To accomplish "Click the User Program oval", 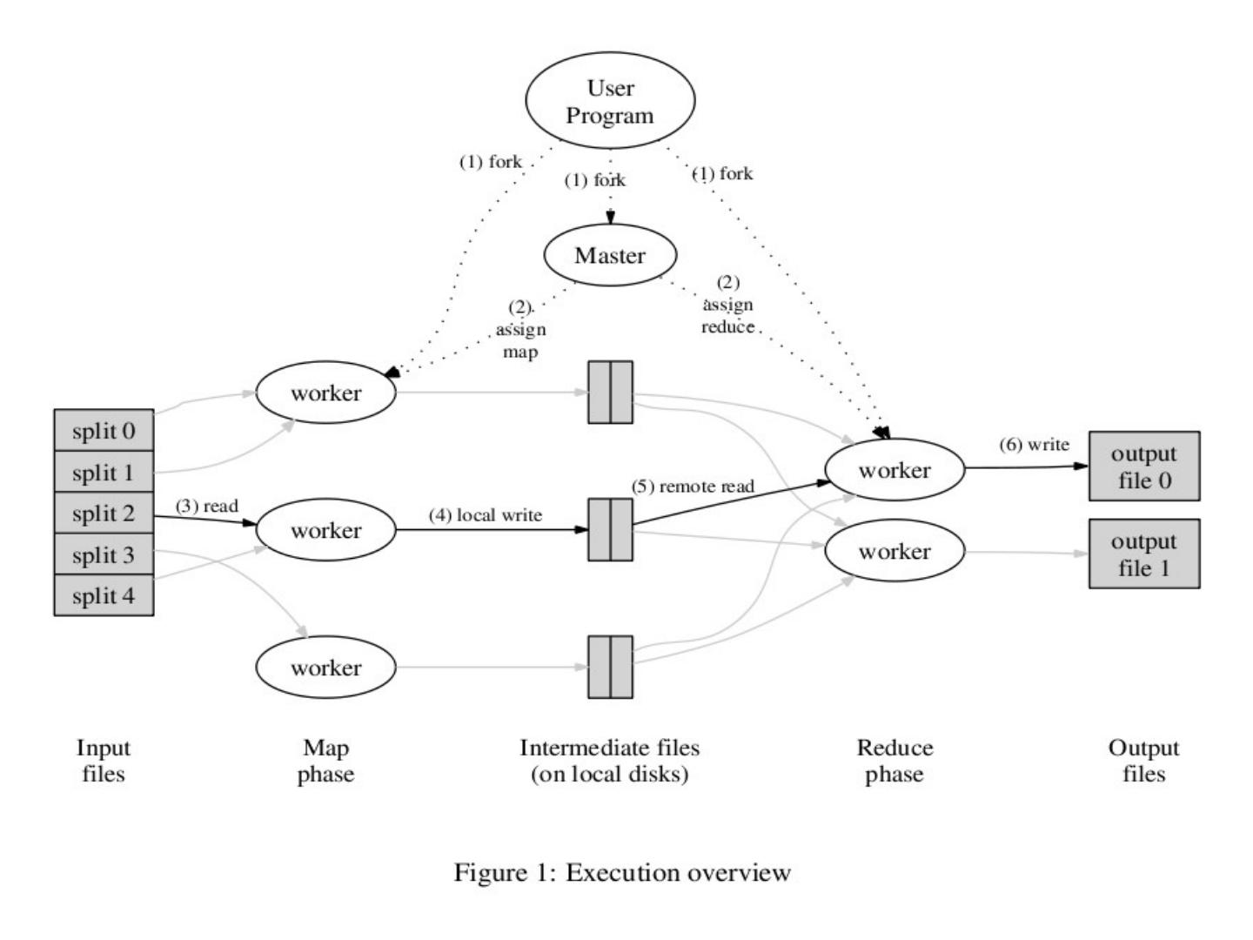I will pyautogui.click(x=610, y=101).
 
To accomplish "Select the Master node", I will pyautogui.click(x=610, y=255).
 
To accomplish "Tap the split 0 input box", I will pyautogui.click(x=104, y=431).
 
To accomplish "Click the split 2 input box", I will pyautogui.click(x=104, y=514).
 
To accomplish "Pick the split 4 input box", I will pyautogui.click(x=104, y=596).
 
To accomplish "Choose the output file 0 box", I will pyautogui.click(x=1144, y=467).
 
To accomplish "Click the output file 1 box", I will pyautogui.click(x=1144, y=554).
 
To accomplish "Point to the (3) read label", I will pyautogui.click(x=207, y=506).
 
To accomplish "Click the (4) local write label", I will pyautogui.click(x=486, y=515).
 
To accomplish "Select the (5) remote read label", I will pyautogui.click(x=694, y=486).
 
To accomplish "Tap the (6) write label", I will pyautogui.click(x=1035, y=445).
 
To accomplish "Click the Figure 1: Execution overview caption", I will pyautogui.click(x=622, y=872).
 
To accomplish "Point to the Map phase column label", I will pyautogui.click(x=326, y=761).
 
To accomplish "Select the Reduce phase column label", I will pyautogui.click(x=895, y=761).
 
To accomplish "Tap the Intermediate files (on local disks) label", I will pyautogui.click(x=610, y=761).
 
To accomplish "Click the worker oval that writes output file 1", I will pyautogui.click(x=895, y=551).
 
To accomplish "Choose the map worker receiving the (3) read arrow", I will pyautogui.click(x=326, y=530).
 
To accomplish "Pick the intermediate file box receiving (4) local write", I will pyautogui.click(x=610, y=529).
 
